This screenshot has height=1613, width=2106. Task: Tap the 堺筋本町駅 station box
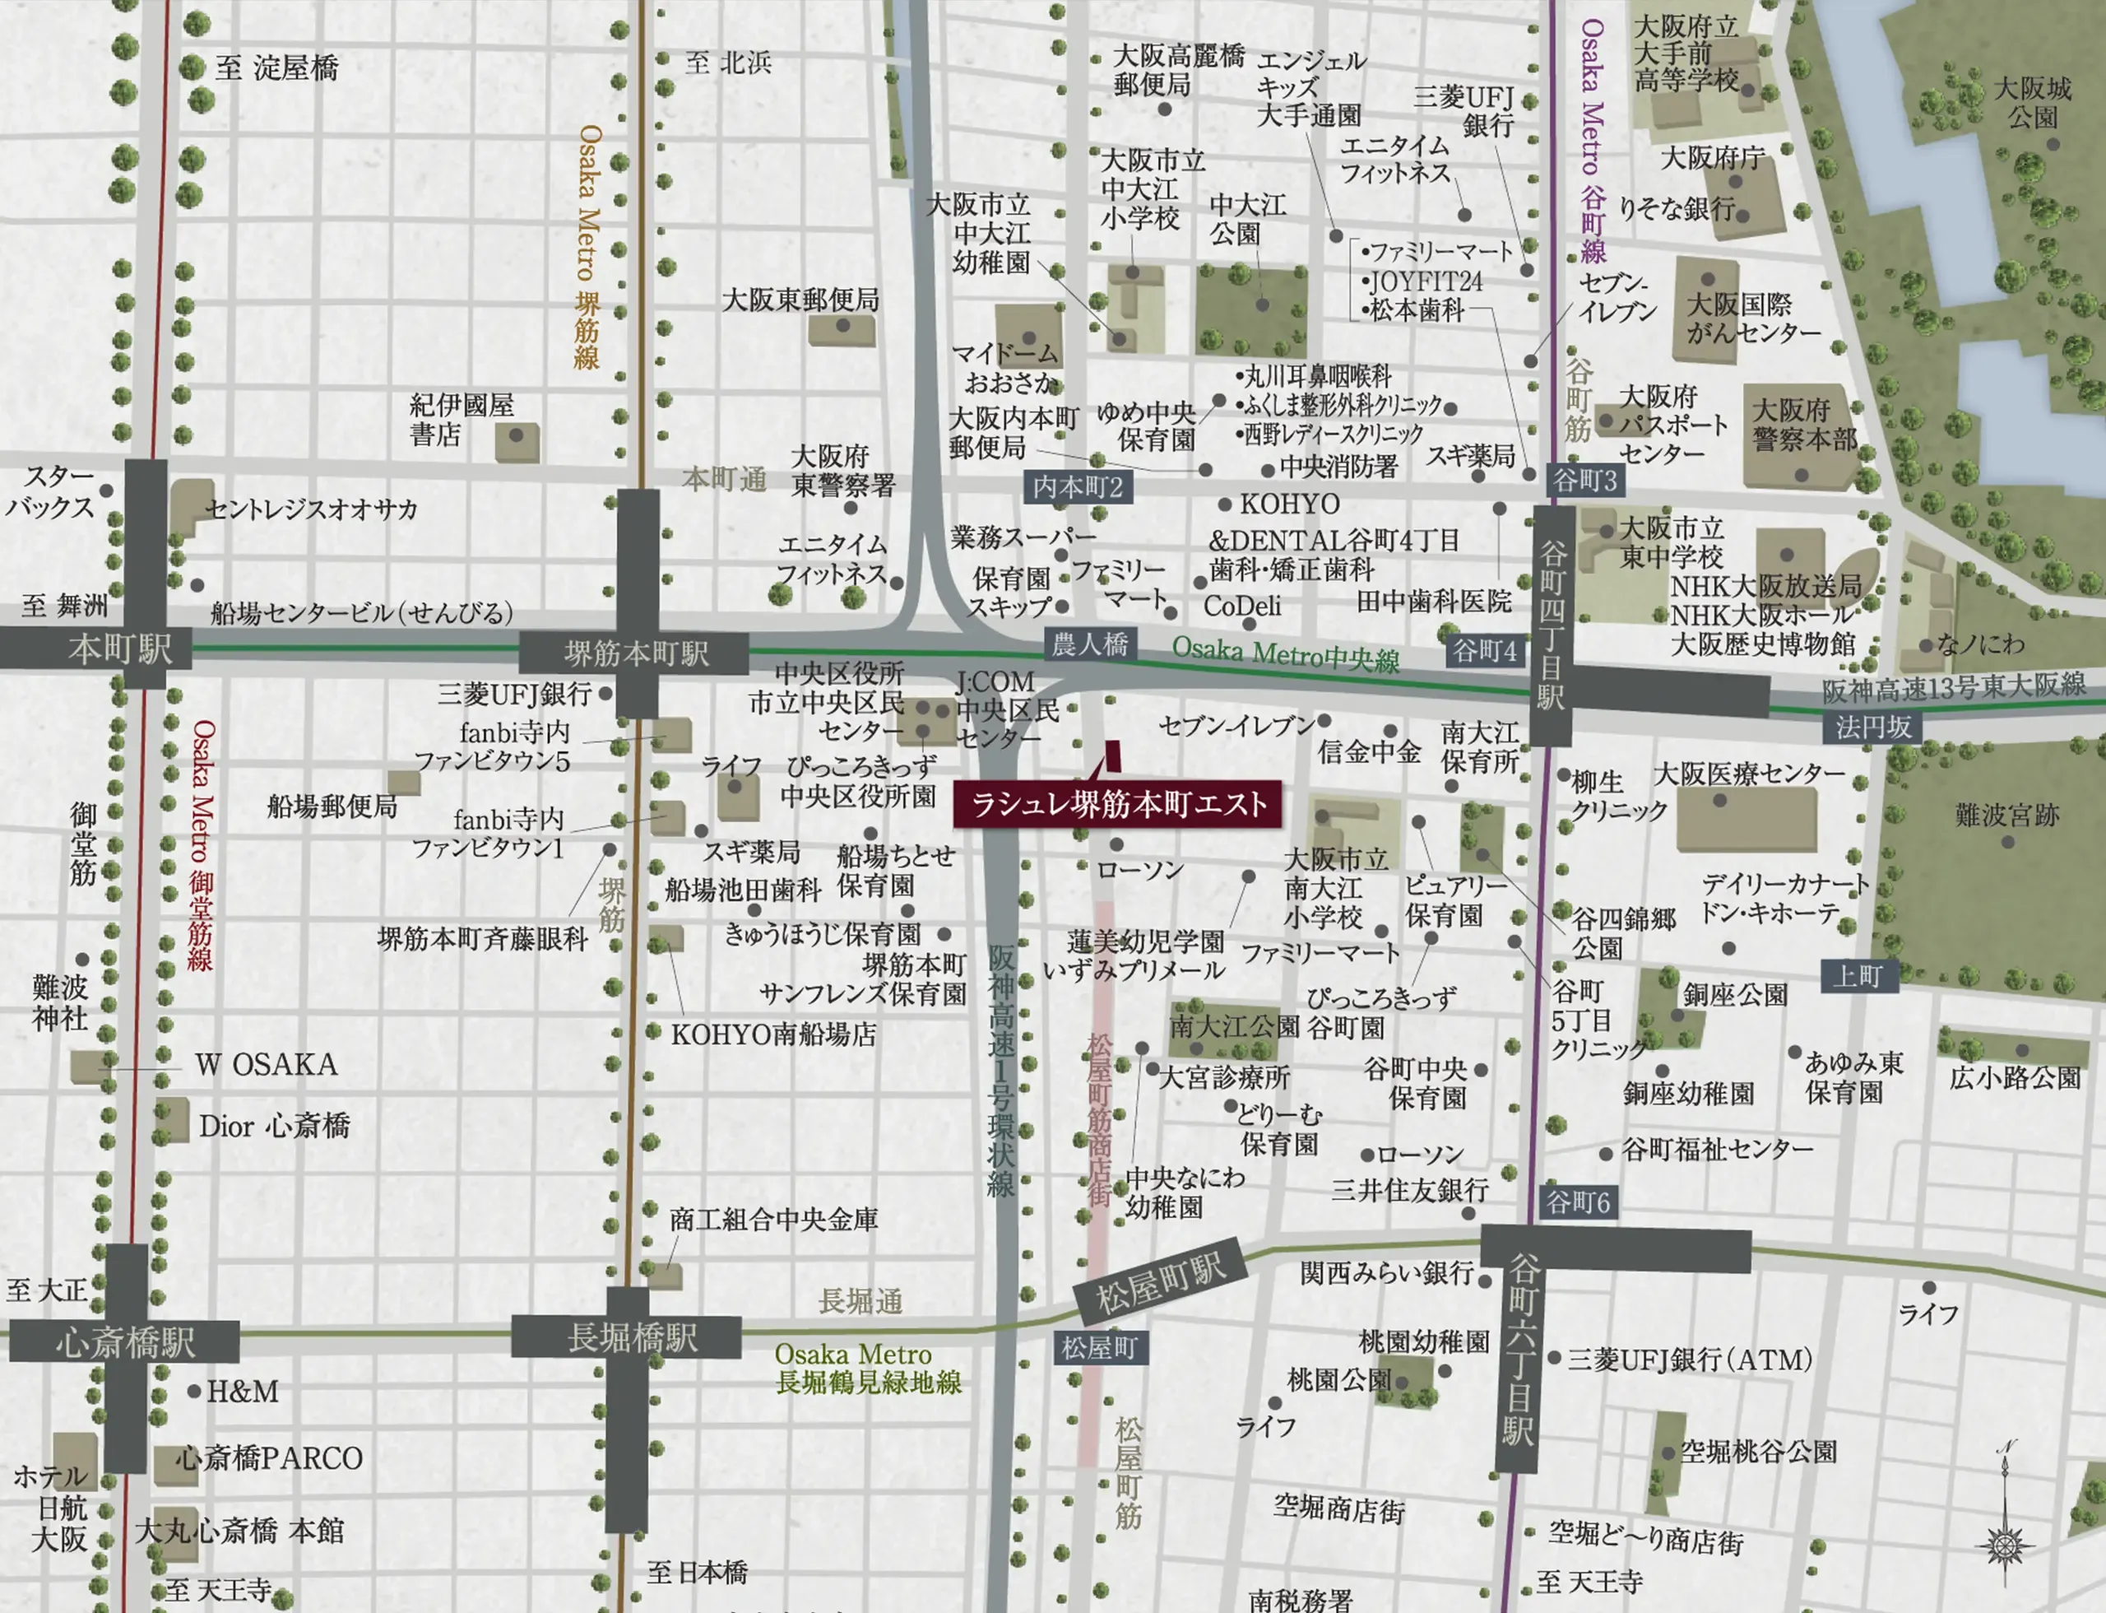(x=635, y=653)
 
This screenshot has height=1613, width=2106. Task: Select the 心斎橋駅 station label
(x=125, y=1341)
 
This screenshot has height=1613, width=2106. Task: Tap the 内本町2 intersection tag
(x=1077, y=487)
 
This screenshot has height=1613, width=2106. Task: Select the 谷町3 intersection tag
(x=1584, y=480)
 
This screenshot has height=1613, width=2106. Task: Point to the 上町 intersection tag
(x=1858, y=976)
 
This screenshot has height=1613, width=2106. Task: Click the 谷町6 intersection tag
(x=1578, y=1202)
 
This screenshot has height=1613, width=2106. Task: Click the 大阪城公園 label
(x=2033, y=103)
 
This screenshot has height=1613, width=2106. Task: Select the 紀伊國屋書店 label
(x=462, y=420)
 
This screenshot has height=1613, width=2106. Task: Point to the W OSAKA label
(x=266, y=1064)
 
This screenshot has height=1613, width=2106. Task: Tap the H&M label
(x=243, y=1390)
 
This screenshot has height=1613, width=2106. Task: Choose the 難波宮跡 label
(x=2007, y=815)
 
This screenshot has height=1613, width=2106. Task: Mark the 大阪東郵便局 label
(x=800, y=300)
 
